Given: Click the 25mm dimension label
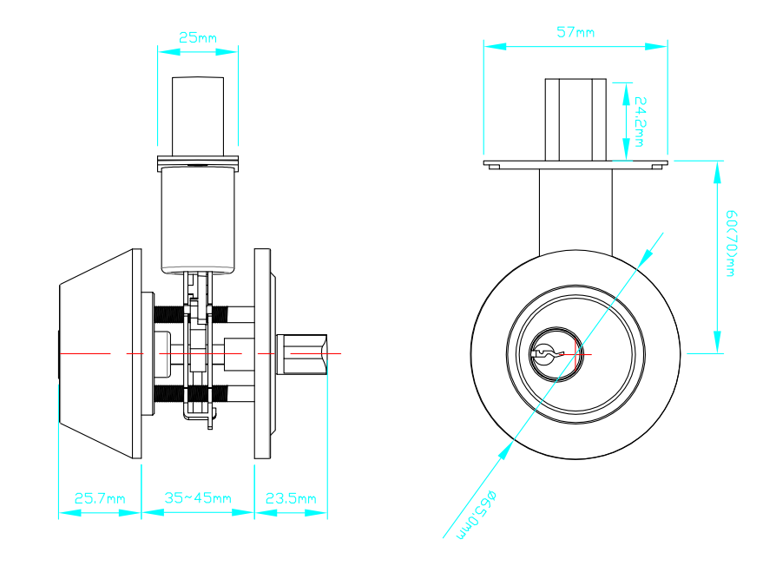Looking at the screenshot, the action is [x=197, y=37].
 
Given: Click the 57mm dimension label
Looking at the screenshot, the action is [x=575, y=32].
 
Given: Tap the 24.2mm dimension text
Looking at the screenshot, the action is [x=640, y=122].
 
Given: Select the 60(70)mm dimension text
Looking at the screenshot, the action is [x=731, y=243].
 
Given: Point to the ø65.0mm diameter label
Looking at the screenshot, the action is [x=476, y=515].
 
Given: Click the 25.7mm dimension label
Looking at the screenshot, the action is [x=100, y=498].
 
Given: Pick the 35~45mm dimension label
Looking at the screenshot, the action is [x=198, y=497].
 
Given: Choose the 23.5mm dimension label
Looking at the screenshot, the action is [x=291, y=498].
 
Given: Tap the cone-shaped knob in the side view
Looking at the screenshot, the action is [x=100, y=354].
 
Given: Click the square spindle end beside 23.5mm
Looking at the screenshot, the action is [x=302, y=354].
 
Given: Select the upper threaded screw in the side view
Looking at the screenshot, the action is [x=191, y=313].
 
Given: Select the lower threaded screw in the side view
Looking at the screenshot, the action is [x=191, y=394].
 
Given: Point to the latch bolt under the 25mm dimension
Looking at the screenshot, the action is [x=198, y=116].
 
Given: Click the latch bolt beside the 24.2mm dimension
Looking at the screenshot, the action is [x=575, y=119].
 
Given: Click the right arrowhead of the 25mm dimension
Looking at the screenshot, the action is [x=227, y=51].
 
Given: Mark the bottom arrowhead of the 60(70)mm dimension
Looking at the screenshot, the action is [x=718, y=342].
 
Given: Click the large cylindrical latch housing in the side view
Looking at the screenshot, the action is [x=198, y=220].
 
